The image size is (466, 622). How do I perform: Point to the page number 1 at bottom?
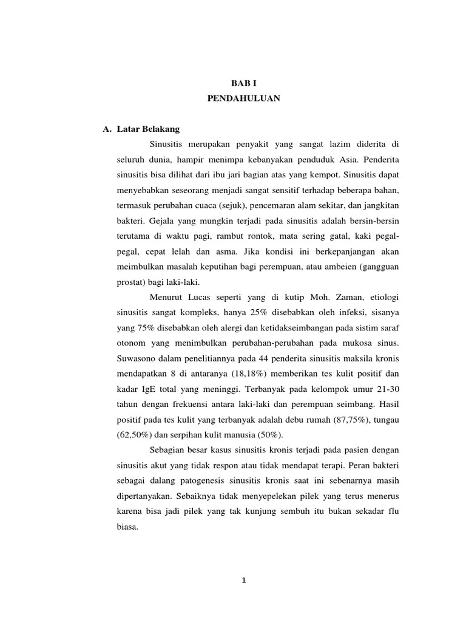pyautogui.click(x=243, y=580)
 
